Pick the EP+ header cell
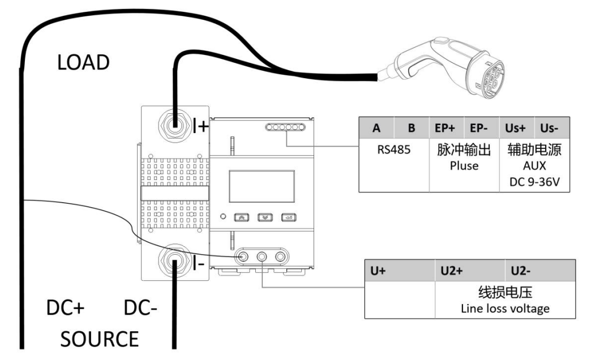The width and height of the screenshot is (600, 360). click(x=446, y=128)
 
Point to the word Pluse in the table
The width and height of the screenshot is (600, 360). click(x=464, y=166)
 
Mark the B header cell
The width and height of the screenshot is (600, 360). click(x=412, y=128)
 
